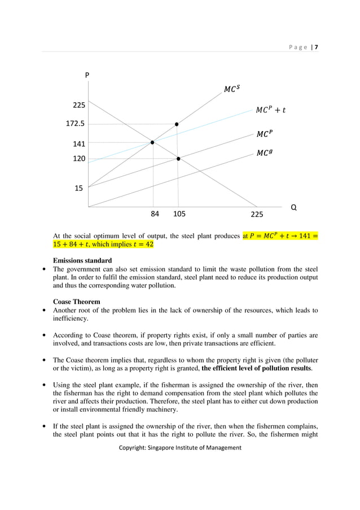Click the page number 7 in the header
pos(316,47)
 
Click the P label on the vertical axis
pos(87,75)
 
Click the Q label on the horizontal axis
pos(293,207)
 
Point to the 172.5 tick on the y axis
pos(75,123)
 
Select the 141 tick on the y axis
pos(78,144)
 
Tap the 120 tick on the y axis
pos(78,159)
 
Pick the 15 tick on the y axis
pos(79,189)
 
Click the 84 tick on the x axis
pos(155,215)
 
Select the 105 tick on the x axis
pos(179,215)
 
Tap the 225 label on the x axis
pos(257,215)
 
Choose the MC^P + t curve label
pos(270,110)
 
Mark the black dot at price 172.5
pos(177,124)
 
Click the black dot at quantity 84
pos(152,142)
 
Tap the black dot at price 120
pos(178,159)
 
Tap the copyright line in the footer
pos(180,447)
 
